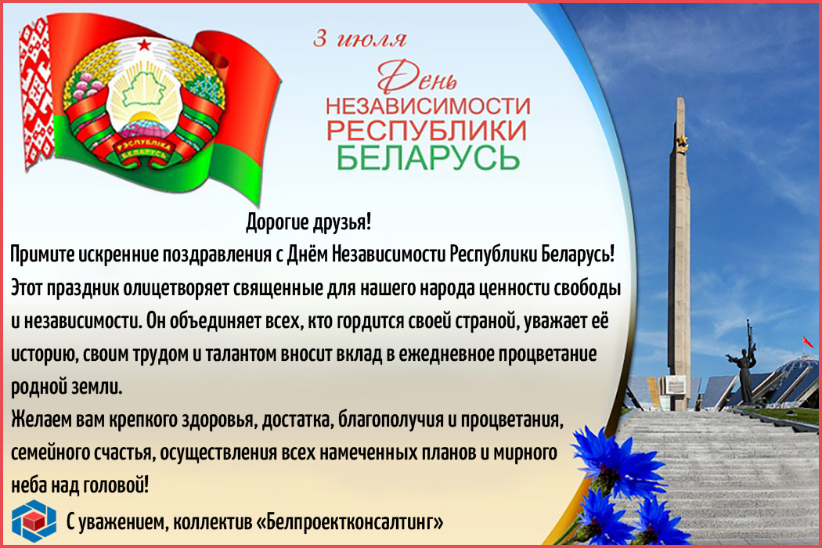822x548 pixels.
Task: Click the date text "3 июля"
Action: [x=359, y=39]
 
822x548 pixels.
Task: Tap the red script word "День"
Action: [x=417, y=77]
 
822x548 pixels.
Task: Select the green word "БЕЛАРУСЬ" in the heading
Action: [x=428, y=157]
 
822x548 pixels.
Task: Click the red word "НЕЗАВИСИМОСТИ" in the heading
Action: [x=427, y=106]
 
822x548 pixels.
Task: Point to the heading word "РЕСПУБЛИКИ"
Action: [x=427, y=131]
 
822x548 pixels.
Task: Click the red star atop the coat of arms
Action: [x=144, y=45]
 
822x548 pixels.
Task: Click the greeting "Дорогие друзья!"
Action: [x=308, y=222]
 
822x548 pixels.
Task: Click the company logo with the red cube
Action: [x=34, y=520]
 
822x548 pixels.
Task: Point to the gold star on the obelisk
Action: [x=682, y=142]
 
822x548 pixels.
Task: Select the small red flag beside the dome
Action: [x=808, y=341]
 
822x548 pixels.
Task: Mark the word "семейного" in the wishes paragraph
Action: [x=50, y=453]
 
